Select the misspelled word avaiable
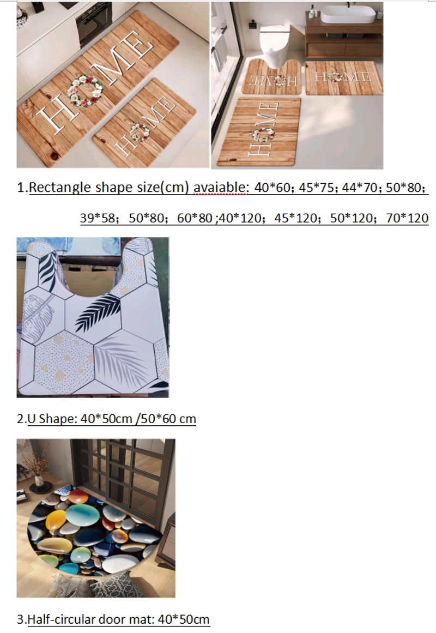220,188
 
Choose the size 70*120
407,218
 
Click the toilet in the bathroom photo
274,44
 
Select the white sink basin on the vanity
348,15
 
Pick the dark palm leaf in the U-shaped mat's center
98,311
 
